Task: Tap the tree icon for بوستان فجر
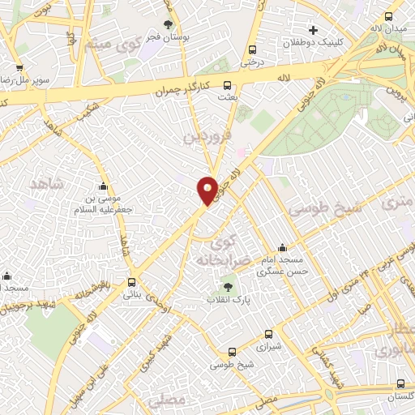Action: pyautogui.click(x=169, y=24)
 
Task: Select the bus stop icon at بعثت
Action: pyautogui.click(x=227, y=83)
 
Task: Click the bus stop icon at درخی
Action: pyautogui.click(x=254, y=49)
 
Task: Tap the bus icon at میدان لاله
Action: pyautogui.click(x=388, y=16)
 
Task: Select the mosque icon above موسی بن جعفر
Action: pyautogui.click(x=102, y=186)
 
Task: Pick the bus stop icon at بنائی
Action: pyautogui.click(x=131, y=283)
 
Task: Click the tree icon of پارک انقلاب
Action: pyautogui.click(x=228, y=285)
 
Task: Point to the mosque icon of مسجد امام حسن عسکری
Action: pyautogui.click(x=282, y=247)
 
